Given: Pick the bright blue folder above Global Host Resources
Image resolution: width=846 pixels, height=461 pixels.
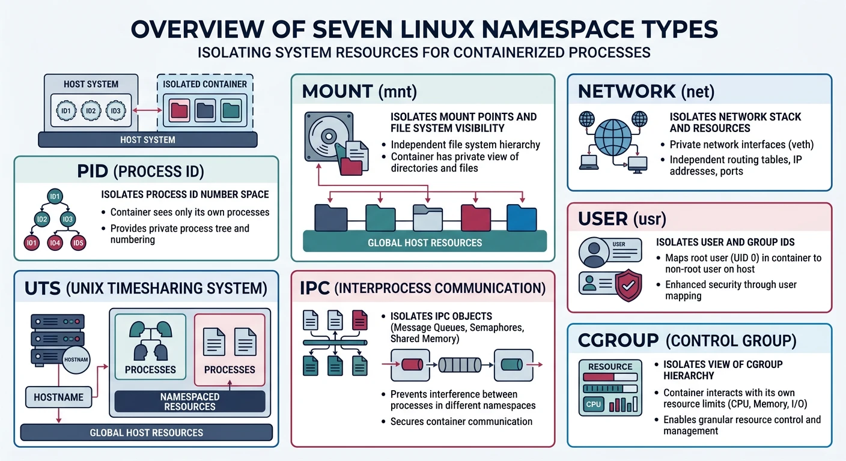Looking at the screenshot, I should pyautogui.click(x=521, y=217).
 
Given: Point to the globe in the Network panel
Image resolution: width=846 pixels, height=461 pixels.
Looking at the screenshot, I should pyautogui.click(x=613, y=137).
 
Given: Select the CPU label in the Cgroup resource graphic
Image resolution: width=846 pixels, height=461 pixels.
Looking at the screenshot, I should pyautogui.click(x=593, y=405).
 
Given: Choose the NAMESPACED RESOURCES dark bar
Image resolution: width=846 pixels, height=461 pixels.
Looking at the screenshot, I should pyautogui.click(x=189, y=402).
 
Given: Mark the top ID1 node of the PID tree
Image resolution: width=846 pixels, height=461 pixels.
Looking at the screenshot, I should pyautogui.click(x=55, y=197).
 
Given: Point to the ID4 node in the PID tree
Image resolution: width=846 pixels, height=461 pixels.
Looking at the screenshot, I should pyautogui.click(x=55, y=243).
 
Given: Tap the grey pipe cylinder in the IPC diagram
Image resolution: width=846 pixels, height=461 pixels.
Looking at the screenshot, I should pyautogui.click(x=459, y=365).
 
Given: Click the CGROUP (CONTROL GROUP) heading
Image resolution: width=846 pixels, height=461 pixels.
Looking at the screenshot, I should pyautogui.click(x=687, y=341).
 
